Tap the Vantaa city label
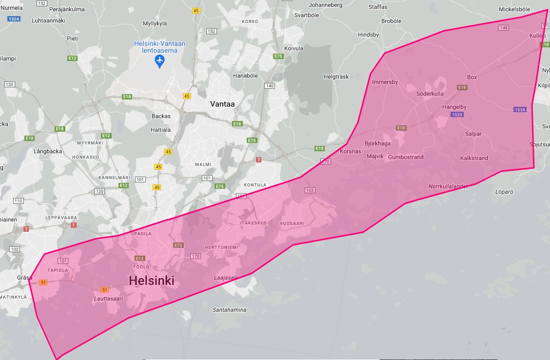point(223,104)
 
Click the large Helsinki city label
point(152,280)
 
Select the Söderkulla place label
point(430,94)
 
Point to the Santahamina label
point(229,310)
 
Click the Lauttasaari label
point(109,298)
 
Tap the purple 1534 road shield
point(520,110)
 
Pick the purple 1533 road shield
point(457,115)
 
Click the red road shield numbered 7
point(258,160)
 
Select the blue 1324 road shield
point(14,19)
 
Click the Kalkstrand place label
point(474,158)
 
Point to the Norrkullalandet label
point(448,186)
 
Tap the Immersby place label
point(385,82)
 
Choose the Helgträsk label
point(337,77)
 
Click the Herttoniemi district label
point(221,247)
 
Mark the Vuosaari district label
point(292,223)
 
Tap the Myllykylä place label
point(156,23)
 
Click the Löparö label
point(504,192)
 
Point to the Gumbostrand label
point(406,157)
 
